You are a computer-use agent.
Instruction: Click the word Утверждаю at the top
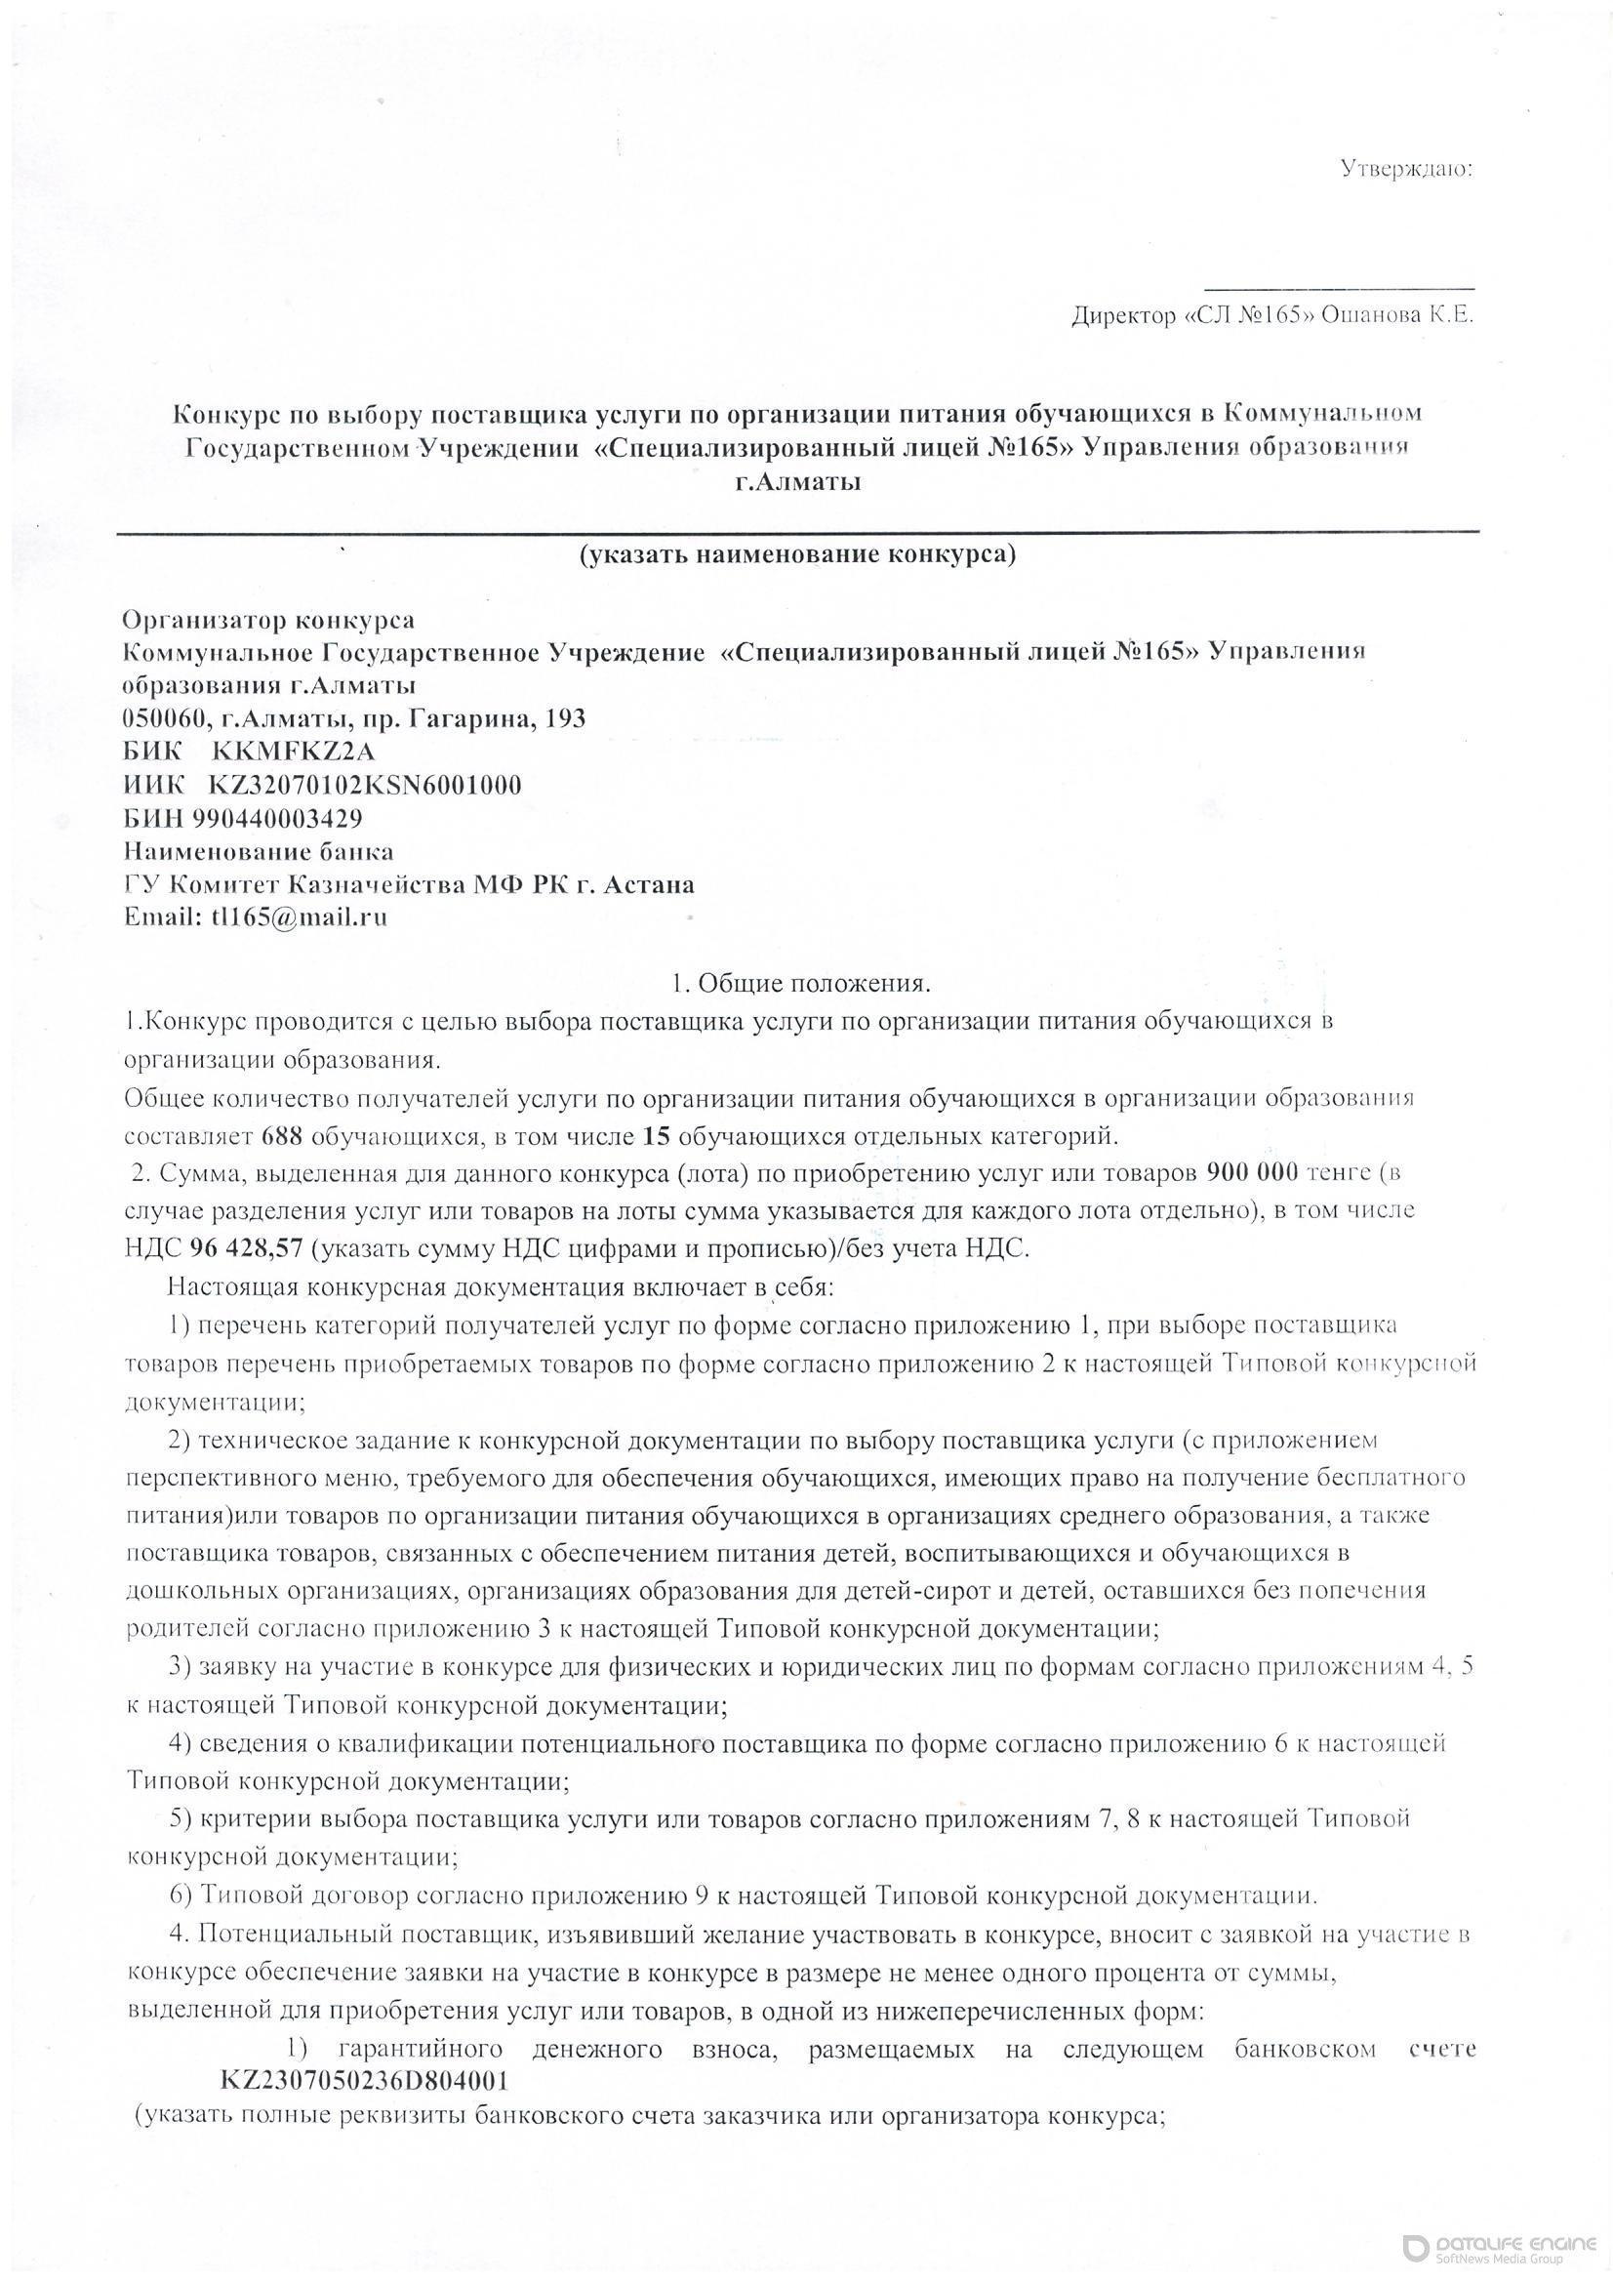coord(1405,168)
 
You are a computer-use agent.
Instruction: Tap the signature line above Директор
coord(1339,289)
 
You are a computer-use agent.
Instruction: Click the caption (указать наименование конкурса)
coord(798,553)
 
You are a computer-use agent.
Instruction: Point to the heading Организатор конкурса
coord(268,620)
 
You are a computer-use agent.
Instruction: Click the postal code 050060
coord(163,718)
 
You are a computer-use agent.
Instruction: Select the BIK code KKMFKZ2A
coord(293,752)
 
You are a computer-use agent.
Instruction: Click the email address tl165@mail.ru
coord(300,917)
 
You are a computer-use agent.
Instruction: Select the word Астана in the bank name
coord(648,884)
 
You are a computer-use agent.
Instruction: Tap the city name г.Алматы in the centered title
coord(798,483)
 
